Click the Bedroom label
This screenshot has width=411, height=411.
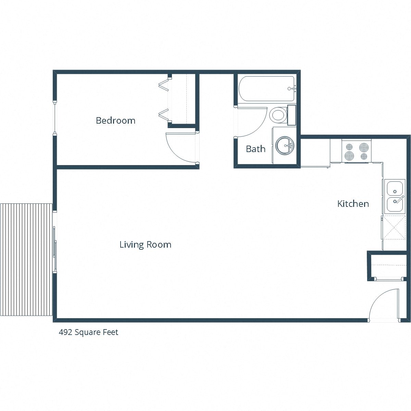coord(115,121)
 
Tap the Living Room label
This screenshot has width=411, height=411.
coord(145,245)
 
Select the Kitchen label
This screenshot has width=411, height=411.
coord(353,204)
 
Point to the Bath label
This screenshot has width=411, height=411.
coord(256,149)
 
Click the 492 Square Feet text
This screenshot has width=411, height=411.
coord(89,332)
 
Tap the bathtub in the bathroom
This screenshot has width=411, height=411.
coord(266,89)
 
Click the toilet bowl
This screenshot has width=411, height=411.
coord(278,115)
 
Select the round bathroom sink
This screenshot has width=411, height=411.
coord(285,145)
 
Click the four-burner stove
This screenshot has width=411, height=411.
coord(356,151)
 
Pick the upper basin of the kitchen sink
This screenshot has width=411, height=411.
coord(394,188)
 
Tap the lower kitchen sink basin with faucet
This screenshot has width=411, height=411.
coord(394,204)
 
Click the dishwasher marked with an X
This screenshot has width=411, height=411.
coord(394,227)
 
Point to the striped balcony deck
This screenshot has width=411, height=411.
coord(26,260)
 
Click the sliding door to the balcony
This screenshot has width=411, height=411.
coord(54,242)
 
